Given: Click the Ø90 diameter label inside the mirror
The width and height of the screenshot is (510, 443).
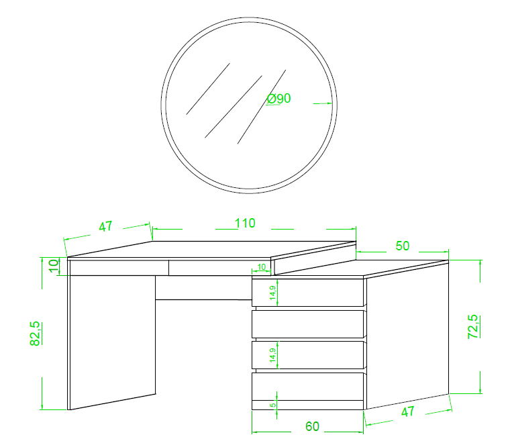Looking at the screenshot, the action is [x=278, y=98].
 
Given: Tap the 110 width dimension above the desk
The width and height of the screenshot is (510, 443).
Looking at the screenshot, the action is [x=245, y=224].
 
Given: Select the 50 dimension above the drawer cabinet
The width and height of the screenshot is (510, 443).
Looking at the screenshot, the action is [x=403, y=246].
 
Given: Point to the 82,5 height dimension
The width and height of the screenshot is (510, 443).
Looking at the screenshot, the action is [x=35, y=334].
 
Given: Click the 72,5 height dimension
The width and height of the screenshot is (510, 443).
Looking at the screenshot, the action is [x=473, y=327].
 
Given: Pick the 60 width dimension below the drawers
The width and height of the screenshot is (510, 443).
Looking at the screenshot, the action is [x=312, y=426].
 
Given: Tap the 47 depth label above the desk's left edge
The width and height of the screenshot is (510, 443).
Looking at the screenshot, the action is [x=105, y=226].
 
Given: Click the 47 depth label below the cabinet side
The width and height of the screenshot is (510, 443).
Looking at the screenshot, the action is [x=407, y=411].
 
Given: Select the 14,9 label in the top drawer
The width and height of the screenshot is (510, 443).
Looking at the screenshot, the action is [x=273, y=293].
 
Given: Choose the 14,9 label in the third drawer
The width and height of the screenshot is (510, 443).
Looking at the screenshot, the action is [x=273, y=355].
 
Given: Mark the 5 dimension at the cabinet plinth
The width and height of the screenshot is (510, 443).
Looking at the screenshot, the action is [x=273, y=405].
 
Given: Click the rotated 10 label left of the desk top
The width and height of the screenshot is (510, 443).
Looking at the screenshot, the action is [x=54, y=266].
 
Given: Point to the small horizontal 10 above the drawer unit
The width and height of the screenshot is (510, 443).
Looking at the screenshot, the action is [x=262, y=267].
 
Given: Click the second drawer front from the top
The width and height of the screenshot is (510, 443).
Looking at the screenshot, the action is [x=307, y=324].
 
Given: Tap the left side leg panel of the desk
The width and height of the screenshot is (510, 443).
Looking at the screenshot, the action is [x=113, y=342].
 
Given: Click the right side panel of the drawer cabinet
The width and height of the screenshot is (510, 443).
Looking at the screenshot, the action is [x=407, y=335].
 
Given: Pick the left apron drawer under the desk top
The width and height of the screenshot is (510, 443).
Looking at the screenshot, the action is [x=119, y=268].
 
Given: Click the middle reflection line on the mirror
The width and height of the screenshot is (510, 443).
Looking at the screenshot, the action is [x=234, y=107].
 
